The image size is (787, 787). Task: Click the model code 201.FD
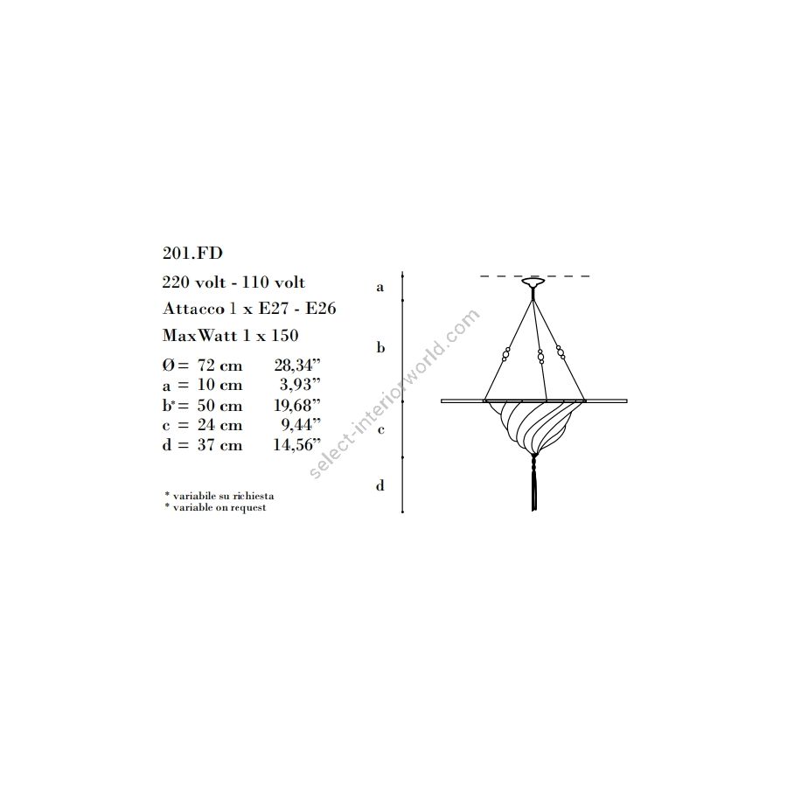(192, 253)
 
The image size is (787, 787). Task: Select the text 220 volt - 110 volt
(233, 282)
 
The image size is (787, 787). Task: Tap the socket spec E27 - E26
(296, 308)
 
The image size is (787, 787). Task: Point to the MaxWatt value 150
(284, 335)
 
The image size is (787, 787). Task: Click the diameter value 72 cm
(219, 366)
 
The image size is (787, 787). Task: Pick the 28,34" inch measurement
(297, 365)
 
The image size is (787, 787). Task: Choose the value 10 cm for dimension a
(219, 385)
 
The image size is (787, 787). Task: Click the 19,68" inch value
(297, 405)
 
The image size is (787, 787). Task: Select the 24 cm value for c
(219, 425)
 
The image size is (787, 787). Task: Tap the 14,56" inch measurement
(297, 445)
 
